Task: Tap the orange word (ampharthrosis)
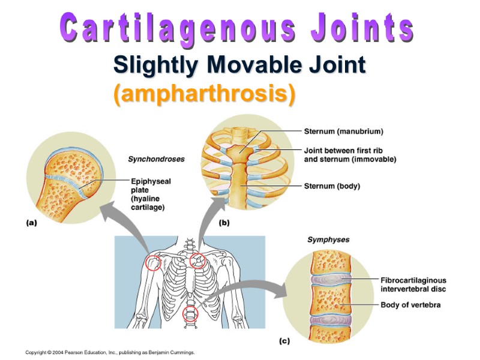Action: pyautogui.click(x=204, y=94)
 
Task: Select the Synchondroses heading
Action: pyautogui.click(x=156, y=160)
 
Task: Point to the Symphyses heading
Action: pyautogui.click(x=328, y=240)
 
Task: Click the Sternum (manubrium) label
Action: pyautogui.click(x=343, y=131)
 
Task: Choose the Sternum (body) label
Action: pyautogui.click(x=332, y=186)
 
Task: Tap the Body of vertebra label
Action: pyautogui.click(x=410, y=305)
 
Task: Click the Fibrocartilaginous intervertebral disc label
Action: pyautogui.click(x=413, y=284)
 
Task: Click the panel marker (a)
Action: pyautogui.click(x=31, y=222)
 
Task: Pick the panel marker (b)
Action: pyautogui.click(x=224, y=223)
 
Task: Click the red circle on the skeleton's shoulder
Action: pyautogui.click(x=154, y=263)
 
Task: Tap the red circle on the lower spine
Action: pyautogui.click(x=190, y=314)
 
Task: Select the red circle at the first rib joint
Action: pyautogui.click(x=198, y=260)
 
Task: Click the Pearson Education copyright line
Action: pyautogui.click(x=110, y=353)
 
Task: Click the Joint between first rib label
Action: pyautogui.click(x=350, y=155)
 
